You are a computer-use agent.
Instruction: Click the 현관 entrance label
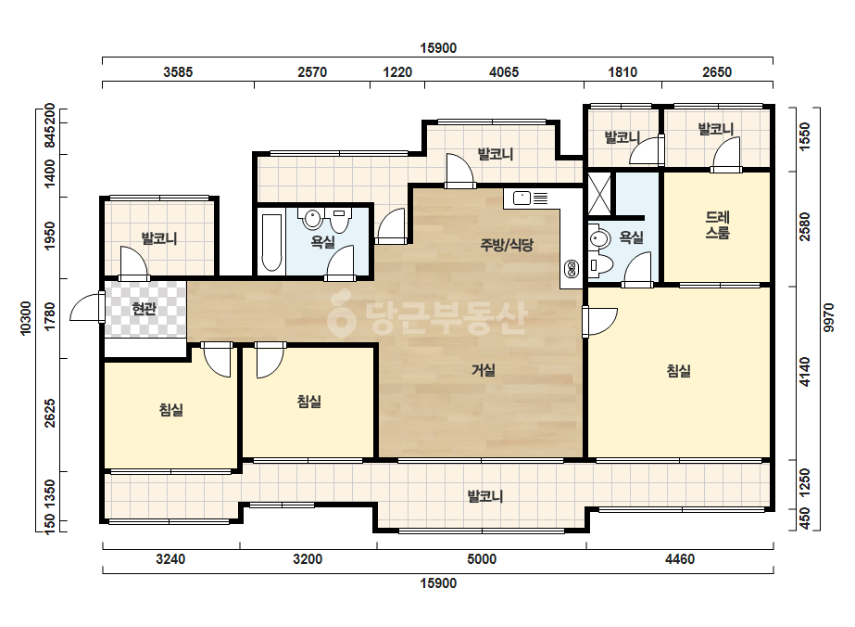click(x=144, y=309)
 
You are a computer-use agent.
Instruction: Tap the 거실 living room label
click(x=484, y=370)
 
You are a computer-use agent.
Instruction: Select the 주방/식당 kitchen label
click(x=507, y=245)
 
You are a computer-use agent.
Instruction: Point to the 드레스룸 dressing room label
click(x=718, y=225)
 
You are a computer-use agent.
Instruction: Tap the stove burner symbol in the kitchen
click(x=572, y=269)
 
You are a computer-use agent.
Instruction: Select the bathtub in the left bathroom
click(x=271, y=243)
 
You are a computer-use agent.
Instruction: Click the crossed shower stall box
click(x=599, y=193)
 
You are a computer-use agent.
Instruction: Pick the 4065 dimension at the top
click(x=504, y=72)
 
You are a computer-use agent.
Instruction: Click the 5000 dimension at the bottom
click(x=482, y=559)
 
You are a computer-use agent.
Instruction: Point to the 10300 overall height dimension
click(x=26, y=318)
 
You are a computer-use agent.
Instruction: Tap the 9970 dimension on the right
click(x=829, y=318)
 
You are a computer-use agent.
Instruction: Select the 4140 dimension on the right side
click(x=805, y=372)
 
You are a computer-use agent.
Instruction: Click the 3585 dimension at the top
click(x=178, y=72)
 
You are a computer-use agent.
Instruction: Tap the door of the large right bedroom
click(x=600, y=322)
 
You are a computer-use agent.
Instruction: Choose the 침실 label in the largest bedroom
click(x=679, y=371)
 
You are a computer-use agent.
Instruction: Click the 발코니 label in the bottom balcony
click(x=485, y=496)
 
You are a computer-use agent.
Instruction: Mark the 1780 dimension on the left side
click(x=50, y=316)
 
